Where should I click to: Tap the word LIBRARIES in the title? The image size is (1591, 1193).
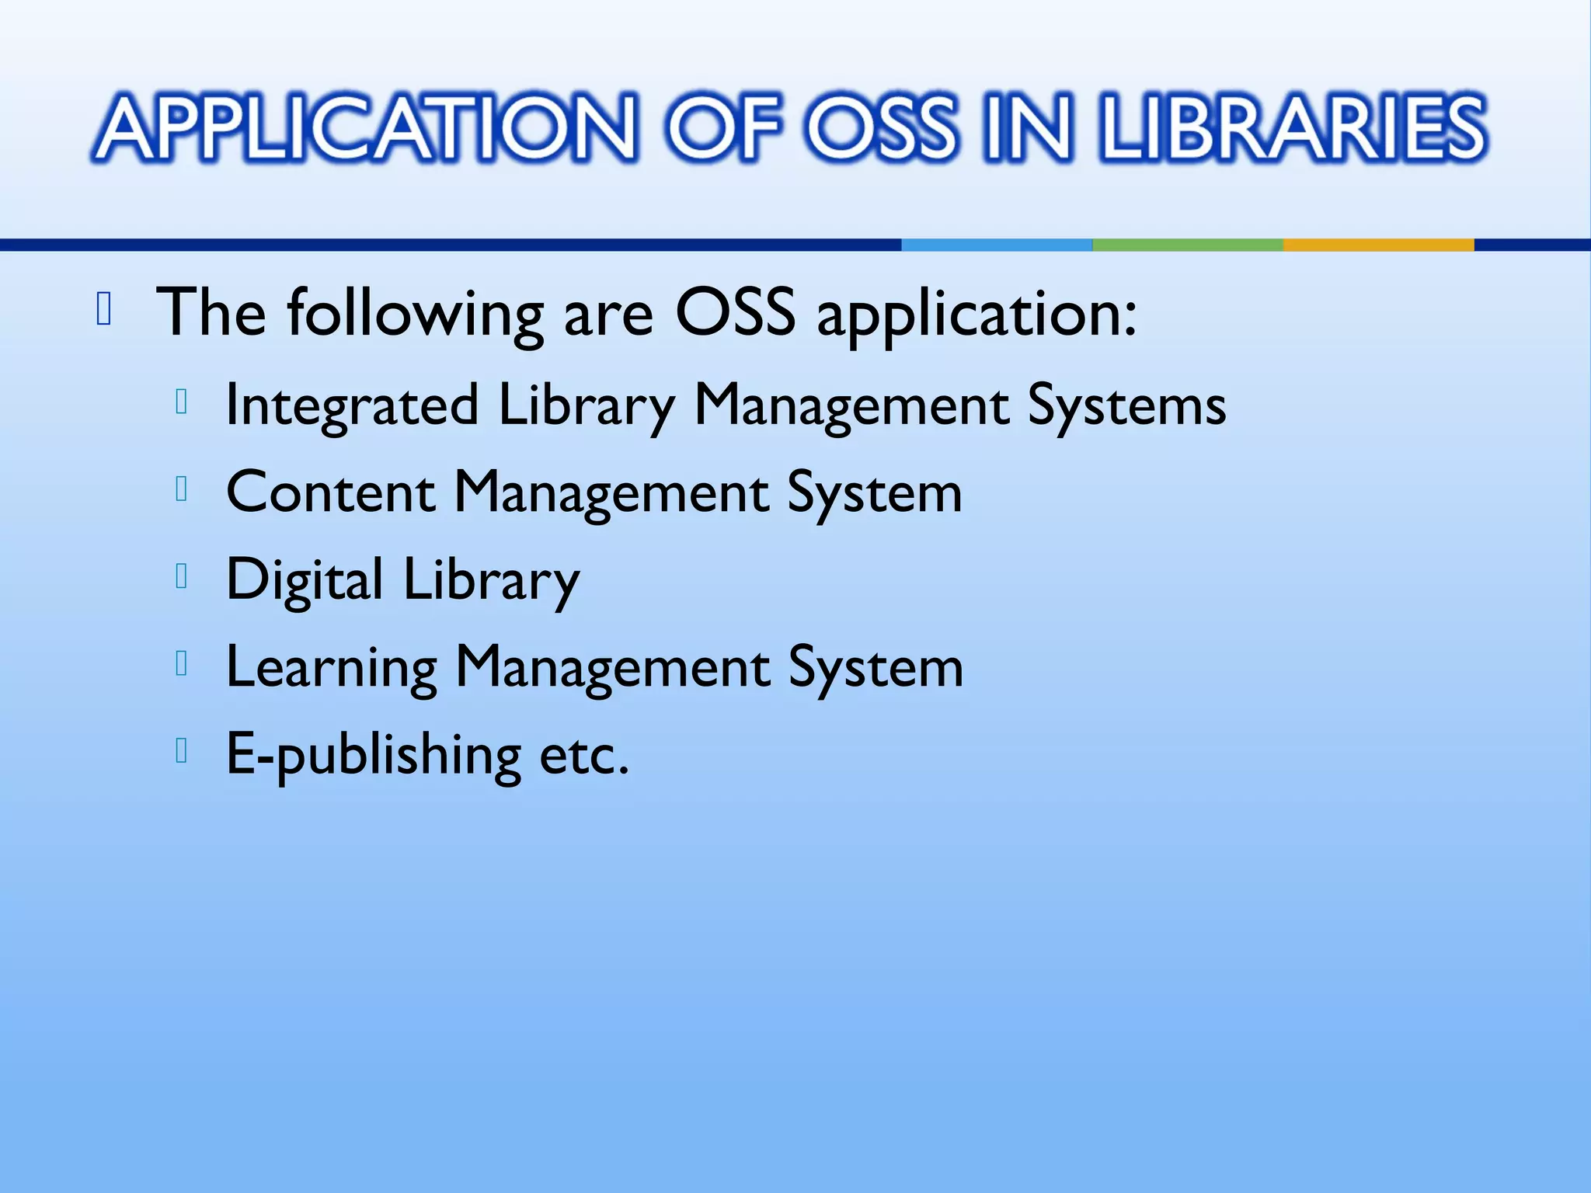[1293, 128]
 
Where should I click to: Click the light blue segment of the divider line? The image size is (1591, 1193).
[997, 245]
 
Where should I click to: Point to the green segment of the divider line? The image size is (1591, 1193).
[1187, 245]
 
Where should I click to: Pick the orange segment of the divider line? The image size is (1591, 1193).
[1378, 245]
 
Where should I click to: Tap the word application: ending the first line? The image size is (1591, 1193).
[977, 315]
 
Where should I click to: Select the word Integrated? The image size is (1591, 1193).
[351, 405]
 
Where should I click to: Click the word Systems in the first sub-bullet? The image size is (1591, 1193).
[1126, 405]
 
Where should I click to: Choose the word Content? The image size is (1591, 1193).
[330, 492]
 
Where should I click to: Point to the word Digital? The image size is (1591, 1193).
[304, 579]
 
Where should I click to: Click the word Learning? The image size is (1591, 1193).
[331, 667]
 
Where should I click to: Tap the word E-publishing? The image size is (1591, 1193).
[373, 755]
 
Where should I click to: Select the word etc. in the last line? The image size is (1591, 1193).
[583, 755]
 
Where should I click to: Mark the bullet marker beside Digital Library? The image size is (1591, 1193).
[182, 576]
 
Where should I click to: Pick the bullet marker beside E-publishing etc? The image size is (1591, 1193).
[182, 751]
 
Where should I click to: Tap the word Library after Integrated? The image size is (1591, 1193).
[587, 405]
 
